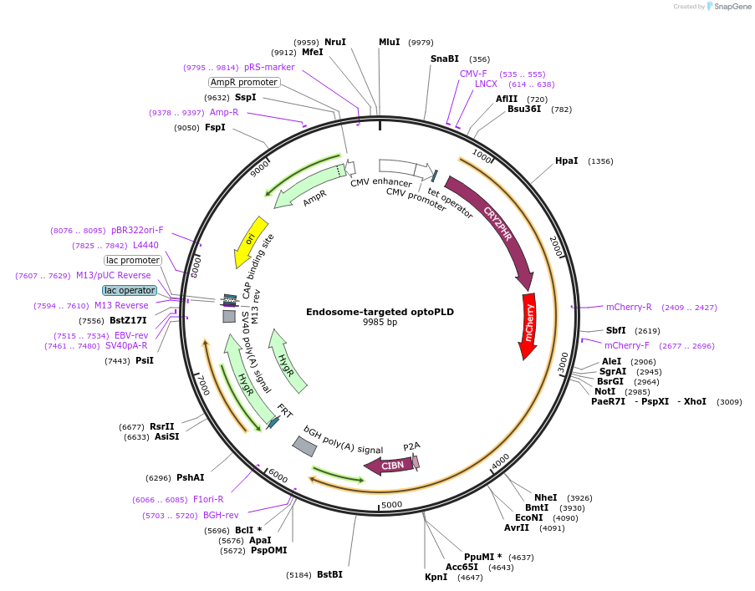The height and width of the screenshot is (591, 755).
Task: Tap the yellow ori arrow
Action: [x=251, y=242]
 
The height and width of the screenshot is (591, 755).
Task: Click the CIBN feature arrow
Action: [x=390, y=466]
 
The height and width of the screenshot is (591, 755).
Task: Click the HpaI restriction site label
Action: [x=566, y=160]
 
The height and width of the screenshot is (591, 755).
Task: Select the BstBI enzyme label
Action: [x=329, y=574]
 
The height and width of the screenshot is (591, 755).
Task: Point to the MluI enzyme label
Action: [x=390, y=42]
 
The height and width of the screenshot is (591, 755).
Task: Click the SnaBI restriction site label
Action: [x=444, y=59]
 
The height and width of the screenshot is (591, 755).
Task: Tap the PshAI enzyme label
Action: [x=190, y=477]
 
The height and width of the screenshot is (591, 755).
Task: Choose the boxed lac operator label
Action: [x=130, y=290]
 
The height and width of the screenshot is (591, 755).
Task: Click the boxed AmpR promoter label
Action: [x=244, y=82]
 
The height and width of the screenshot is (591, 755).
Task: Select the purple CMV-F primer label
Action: [x=473, y=74]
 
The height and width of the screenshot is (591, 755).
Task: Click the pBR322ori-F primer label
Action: [x=137, y=230]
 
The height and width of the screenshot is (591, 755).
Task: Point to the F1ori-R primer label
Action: [x=208, y=500]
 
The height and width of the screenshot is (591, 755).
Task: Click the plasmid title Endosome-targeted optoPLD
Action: [x=380, y=312]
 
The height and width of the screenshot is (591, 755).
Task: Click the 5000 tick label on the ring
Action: [x=391, y=505]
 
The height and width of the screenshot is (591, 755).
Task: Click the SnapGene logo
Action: [x=723, y=7]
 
